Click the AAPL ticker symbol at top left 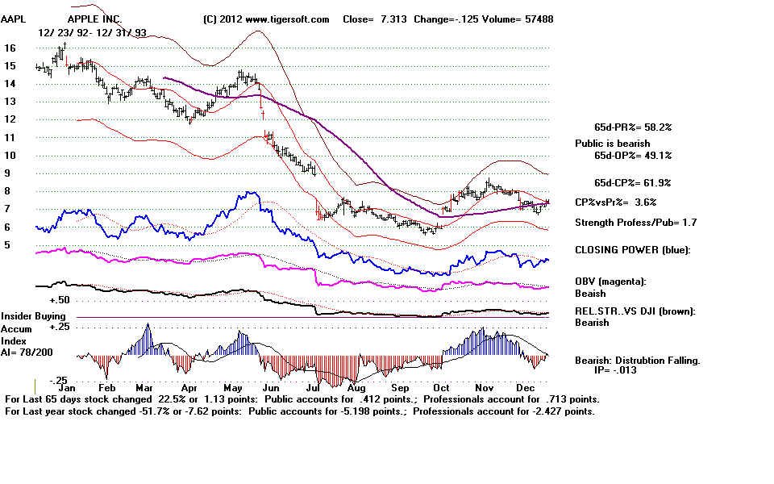[x=15, y=19]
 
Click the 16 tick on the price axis [x=10, y=48]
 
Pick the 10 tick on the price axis [x=10, y=155]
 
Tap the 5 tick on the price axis [x=8, y=244]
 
